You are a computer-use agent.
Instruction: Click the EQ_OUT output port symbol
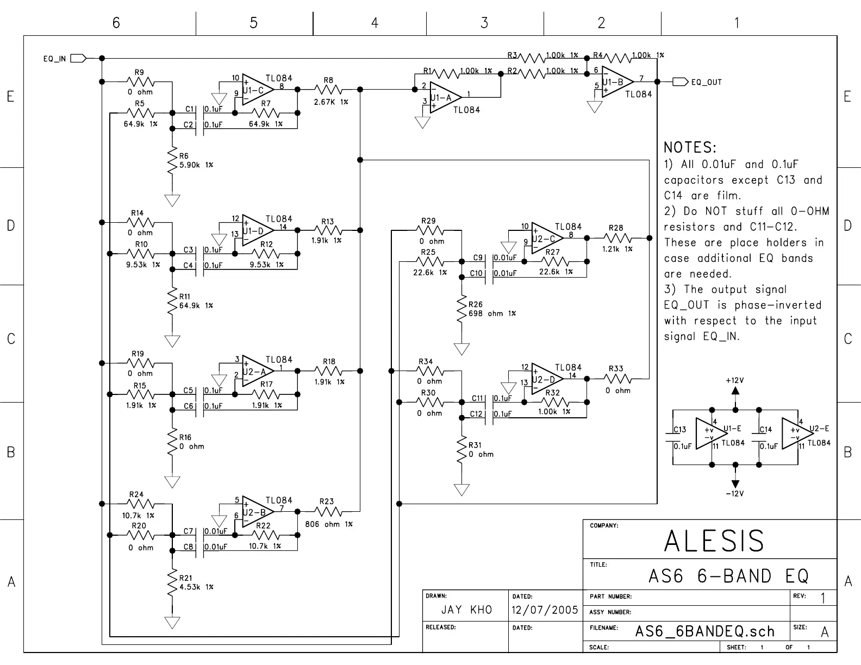coord(680,81)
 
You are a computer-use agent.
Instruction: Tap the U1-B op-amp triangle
coord(616,82)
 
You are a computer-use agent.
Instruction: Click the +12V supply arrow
coord(735,390)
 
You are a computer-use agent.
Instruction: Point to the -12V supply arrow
coord(735,483)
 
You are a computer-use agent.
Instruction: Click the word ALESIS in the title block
coord(714,541)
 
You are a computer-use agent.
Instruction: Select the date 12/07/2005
coord(545,610)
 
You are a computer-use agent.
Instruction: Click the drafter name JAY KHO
coord(466,610)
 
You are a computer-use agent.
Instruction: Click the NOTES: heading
coord(690,147)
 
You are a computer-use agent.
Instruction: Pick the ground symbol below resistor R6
coord(172,200)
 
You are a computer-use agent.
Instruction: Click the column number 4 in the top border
coord(375,23)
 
